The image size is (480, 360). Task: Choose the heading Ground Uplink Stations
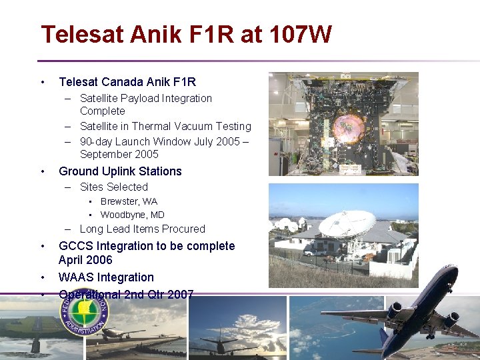click(120, 171)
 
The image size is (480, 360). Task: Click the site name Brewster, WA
click(129, 201)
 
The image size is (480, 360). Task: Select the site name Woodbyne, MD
click(132, 215)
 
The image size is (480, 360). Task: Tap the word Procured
click(183, 229)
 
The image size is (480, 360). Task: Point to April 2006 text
click(85, 260)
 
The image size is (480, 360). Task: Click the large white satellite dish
click(347, 223)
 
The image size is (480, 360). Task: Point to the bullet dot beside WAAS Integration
click(43, 277)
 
